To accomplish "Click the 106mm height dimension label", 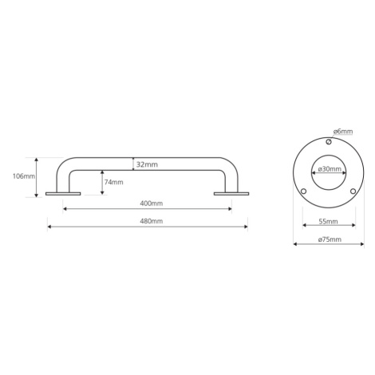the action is click(x=24, y=176).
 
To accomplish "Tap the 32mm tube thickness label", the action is click(x=147, y=164).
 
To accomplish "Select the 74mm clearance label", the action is click(x=113, y=182).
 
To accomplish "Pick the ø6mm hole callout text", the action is click(x=343, y=132).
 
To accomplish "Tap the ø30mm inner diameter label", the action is click(x=330, y=168).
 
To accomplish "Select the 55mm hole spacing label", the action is click(x=329, y=221).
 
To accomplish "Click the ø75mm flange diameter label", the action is click(x=330, y=239).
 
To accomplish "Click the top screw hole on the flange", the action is click(x=329, y=142).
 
